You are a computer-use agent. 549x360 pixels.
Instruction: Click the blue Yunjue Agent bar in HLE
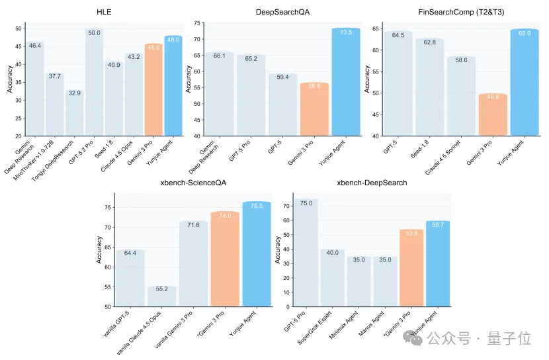click(173, 86)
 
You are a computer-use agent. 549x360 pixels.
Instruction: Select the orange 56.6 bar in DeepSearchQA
click(314, 109)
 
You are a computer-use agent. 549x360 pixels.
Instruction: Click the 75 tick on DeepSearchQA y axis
click(198, 22)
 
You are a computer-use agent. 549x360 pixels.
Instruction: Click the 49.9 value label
click(492, 97)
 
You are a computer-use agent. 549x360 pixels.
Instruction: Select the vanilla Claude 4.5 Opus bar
click(161, 296)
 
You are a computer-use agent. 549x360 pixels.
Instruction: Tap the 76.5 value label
click(256, 206)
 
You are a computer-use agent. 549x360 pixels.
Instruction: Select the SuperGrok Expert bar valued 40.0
click(332, 278)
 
